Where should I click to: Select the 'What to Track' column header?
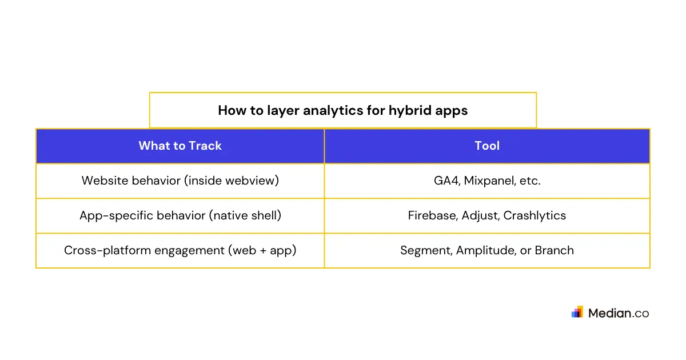coord(180,146)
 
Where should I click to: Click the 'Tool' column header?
coord(487,146)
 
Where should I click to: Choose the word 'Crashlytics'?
coord(535,215)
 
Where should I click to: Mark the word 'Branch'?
coord(554,250)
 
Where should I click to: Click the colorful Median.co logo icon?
coord(577,312)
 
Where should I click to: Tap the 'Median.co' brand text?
coord(618,313)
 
